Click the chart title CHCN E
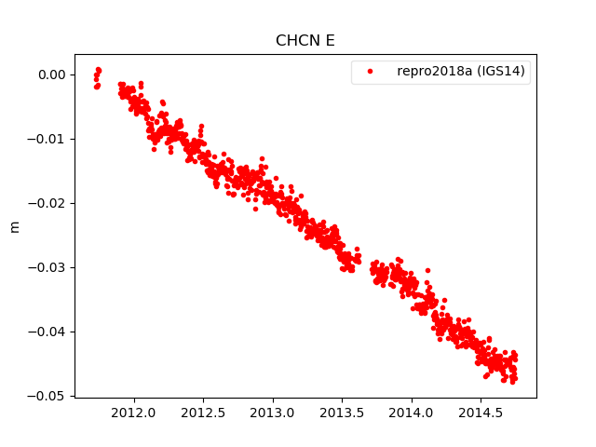coord(305,41)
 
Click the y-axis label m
coord(14,226)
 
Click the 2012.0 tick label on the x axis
coord(134,412)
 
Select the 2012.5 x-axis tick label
coord(204,412)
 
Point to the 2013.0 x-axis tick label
coord(273,412)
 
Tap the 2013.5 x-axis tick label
coord(343,412)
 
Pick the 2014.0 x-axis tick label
coord(412,412)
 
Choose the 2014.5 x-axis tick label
coord(481,412)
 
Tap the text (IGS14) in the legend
coord(502,72)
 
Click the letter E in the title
coord(331,41)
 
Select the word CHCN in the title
coord(297,41)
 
